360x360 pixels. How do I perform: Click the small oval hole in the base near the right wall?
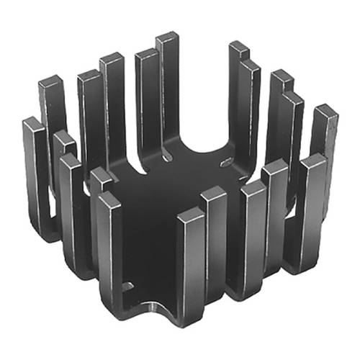[x=225, y=162]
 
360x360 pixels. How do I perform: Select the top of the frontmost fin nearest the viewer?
[x=191, y=214]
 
